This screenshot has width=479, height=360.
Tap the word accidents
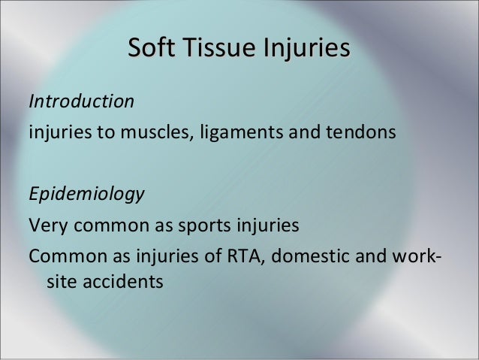119,283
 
